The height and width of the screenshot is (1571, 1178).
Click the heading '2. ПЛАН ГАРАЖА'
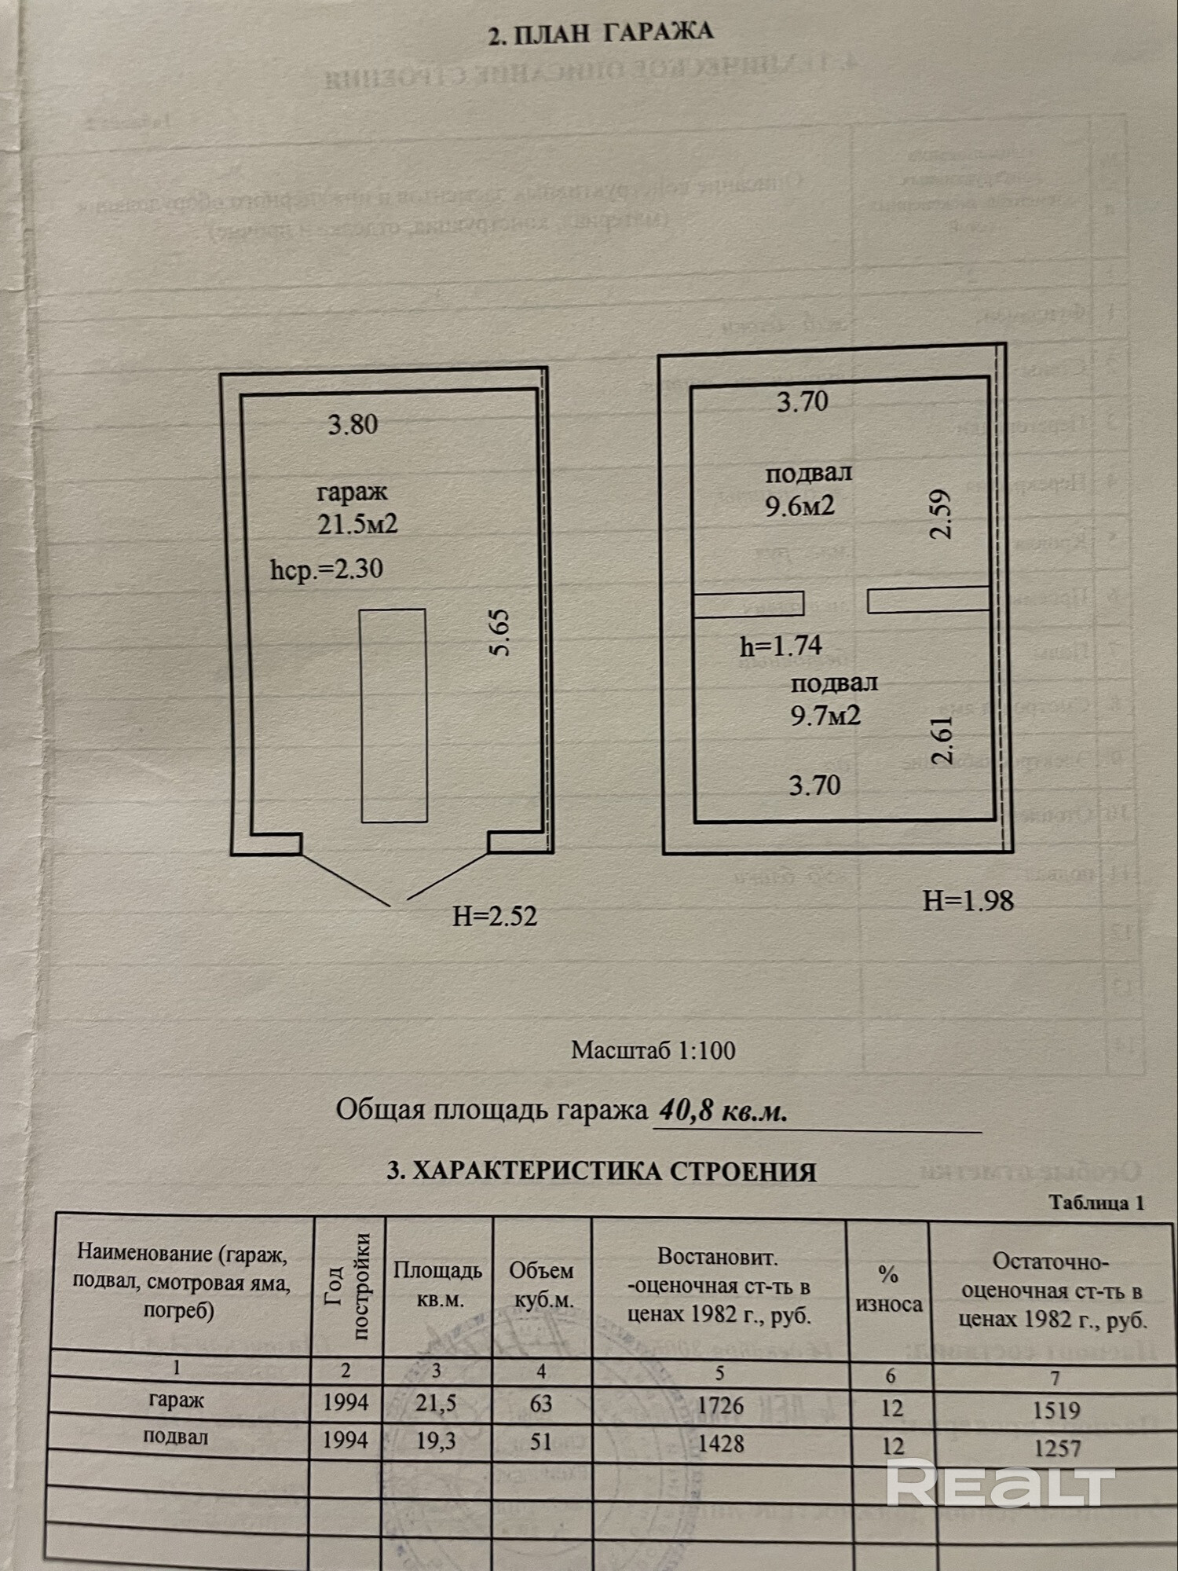(x=600, y=34)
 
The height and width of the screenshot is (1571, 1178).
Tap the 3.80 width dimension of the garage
(x=353, y=425)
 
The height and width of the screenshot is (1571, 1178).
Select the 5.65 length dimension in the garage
(x=499, y=632)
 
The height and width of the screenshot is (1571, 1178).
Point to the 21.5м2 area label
(x=357, y=524)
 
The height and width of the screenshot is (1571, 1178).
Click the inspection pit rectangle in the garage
(x=393, y=716)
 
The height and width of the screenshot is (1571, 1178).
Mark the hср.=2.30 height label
(x=327, y=569)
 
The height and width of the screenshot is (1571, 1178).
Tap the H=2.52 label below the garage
(x=495, y=916)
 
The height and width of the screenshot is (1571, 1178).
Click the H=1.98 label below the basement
(x=968, y=901)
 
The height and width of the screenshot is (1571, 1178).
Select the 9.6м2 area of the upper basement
(x=799, y=506)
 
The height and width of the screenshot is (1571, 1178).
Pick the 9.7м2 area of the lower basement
(x=825, y=716)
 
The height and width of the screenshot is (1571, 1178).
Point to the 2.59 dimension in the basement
(x=941, y=514)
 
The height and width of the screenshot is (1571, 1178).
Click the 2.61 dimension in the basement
(x=942, y=740)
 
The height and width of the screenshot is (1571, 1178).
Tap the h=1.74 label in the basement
(x=781, y=646)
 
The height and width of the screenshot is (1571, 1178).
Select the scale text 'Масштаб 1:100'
(x=653, y=1050)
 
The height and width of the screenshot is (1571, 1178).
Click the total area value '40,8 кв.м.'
(x=723, y=1111)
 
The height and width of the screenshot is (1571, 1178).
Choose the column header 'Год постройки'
(x=348, y=1286)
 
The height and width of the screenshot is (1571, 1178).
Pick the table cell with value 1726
(x=720, y=1404)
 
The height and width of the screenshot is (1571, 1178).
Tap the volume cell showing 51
(x=541, y=1441)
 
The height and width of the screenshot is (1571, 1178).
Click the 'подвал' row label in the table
(x=176, y=1437)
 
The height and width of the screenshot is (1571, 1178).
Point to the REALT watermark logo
(x=1001, y=1484)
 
